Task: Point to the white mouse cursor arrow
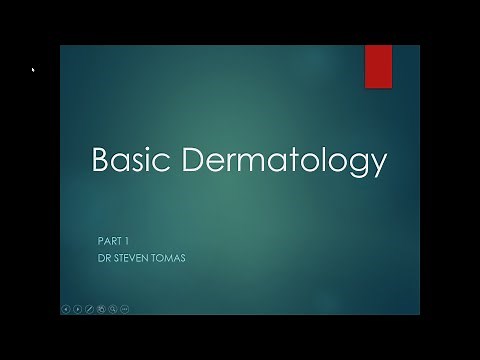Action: (x=33, y=70)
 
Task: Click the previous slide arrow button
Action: (x=66, y=308)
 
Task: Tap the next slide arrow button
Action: (x=78, y=308)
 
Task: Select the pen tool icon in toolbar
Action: (x=90, y=308)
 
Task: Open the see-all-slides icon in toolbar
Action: (x=102, y=308)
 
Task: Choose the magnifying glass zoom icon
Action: (x=113, y=308)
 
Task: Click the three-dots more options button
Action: (x=125, y=308)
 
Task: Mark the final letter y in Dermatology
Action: (x=380, y=165)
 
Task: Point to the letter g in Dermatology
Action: (x=363, y=165)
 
